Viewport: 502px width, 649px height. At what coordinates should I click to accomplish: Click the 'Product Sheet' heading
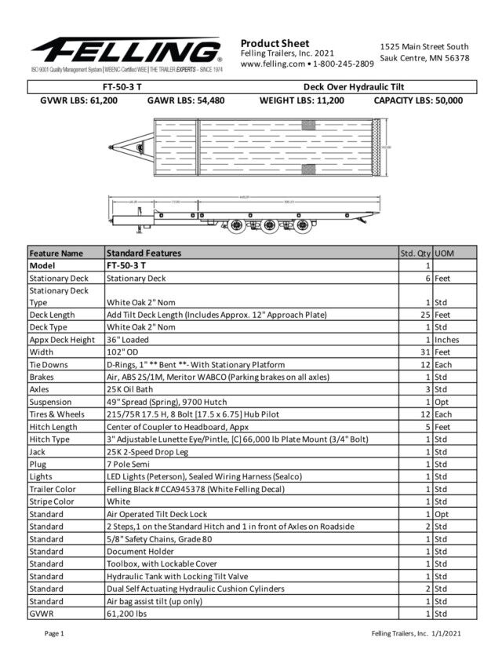tap(275, 43)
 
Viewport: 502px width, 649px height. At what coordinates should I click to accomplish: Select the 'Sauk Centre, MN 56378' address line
tap(424, 58)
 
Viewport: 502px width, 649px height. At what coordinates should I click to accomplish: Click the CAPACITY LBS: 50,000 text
tap(418, 100)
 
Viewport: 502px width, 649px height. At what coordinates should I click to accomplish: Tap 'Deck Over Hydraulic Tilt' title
tap(353, 86)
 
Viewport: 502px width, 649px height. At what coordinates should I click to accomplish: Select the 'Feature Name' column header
tap(56, 253)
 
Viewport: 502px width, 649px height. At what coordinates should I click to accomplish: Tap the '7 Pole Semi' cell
tap(130, 465)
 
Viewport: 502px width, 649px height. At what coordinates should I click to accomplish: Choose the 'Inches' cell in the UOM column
tap(446, 340)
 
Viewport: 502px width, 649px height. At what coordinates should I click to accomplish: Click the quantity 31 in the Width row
tap(426, 352)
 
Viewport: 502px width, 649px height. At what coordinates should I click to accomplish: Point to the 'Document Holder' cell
tap(140, 551)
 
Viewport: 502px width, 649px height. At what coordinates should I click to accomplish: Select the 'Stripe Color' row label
tap(52, 501)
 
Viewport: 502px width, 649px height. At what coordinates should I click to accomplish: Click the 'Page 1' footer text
tap(54, 633)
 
